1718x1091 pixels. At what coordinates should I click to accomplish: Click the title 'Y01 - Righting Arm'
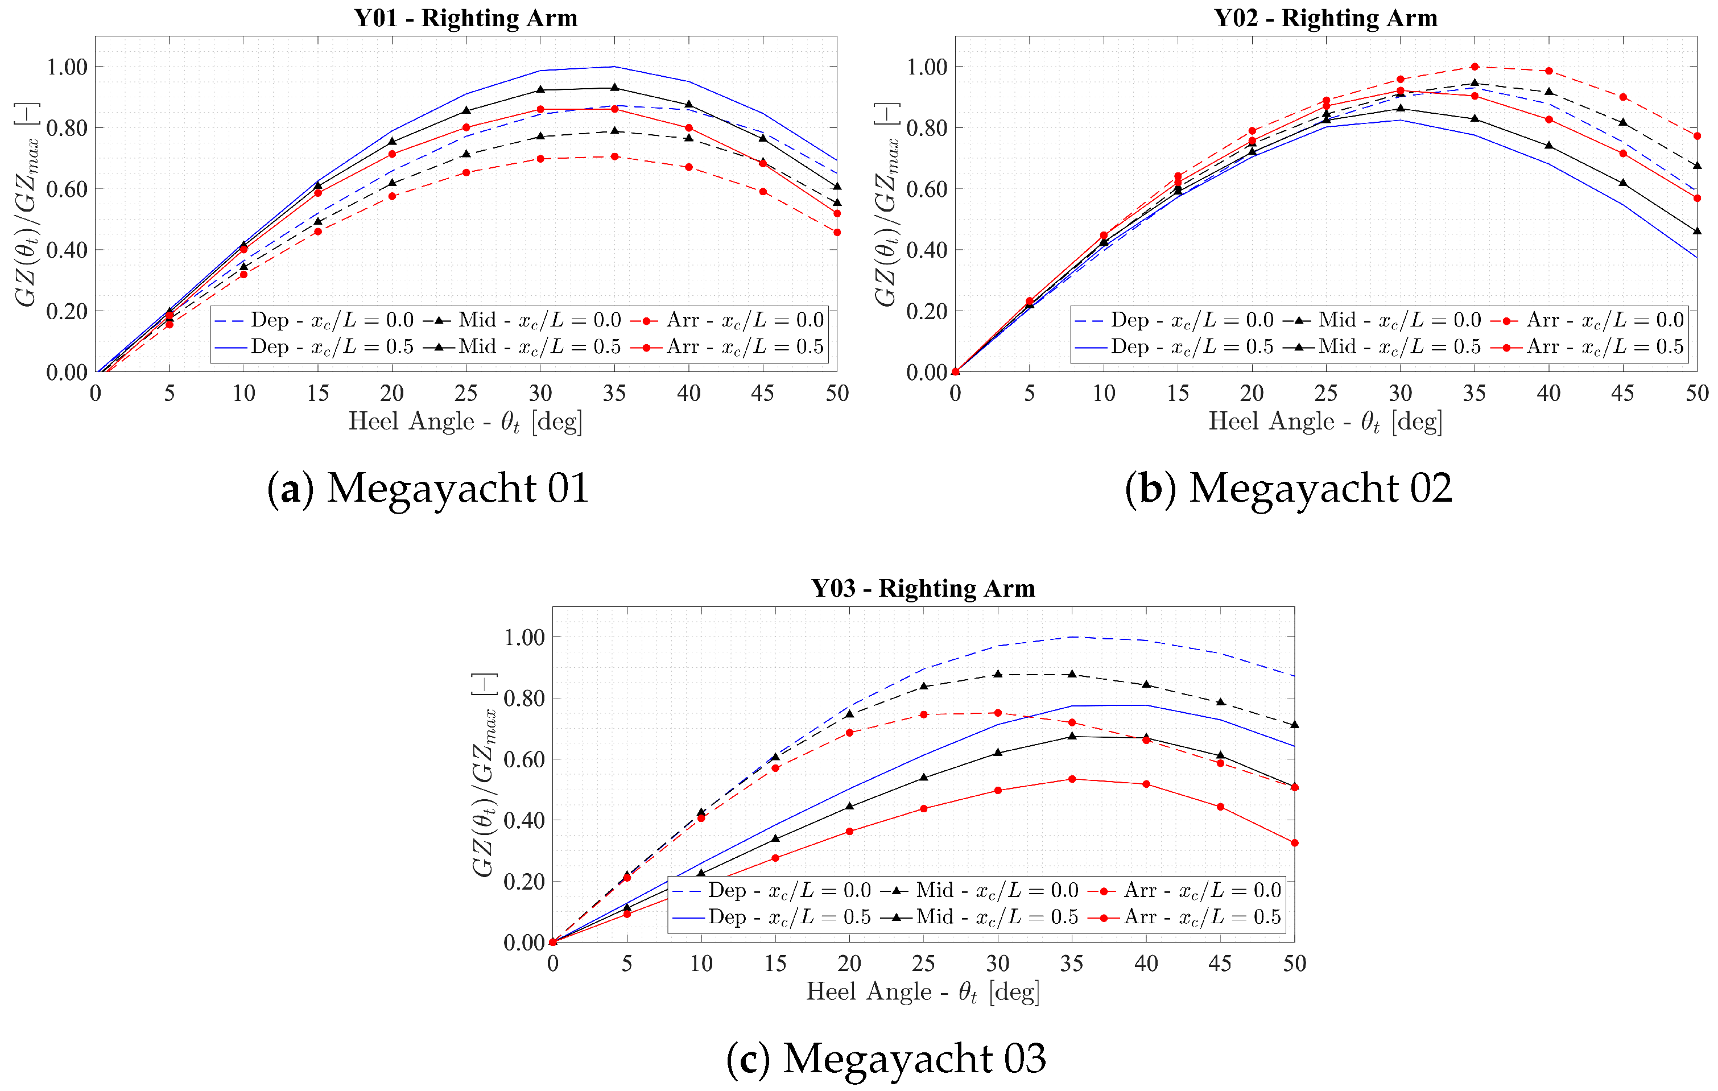coord(465,18)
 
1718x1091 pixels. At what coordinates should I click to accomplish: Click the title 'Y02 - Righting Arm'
coord(1325,18)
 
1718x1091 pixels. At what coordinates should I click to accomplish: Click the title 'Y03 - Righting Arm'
coord(923,588)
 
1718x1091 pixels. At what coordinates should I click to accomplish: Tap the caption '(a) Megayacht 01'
coord(428,489)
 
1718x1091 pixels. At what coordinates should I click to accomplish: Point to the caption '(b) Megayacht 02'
coord(1288,489)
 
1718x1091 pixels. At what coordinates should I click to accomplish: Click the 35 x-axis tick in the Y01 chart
coord(614,393)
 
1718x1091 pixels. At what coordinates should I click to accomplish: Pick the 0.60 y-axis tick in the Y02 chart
coord(926,189)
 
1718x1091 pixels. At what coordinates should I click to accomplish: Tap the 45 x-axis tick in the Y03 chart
coord(1220,964)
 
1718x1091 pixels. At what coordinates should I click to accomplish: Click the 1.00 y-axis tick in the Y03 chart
coord(525,637)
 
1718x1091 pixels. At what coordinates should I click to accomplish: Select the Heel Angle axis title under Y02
coord(1325,421)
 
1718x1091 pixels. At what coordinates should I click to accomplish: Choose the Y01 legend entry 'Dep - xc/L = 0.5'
coord(314,348)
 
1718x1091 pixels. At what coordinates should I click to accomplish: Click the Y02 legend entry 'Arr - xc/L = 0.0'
coord(1588,320)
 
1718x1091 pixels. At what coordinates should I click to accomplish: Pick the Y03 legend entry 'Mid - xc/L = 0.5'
coord(980,918)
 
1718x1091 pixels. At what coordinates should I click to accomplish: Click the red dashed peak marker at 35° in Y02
coord(1475,67)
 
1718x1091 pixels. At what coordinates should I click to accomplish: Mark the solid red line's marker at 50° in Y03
coord(1294,842)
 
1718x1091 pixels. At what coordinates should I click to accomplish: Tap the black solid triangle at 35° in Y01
coord(614,88)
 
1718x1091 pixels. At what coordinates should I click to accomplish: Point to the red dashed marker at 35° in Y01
coord(614,156)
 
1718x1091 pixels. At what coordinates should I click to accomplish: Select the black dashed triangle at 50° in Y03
coord(1294,725)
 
